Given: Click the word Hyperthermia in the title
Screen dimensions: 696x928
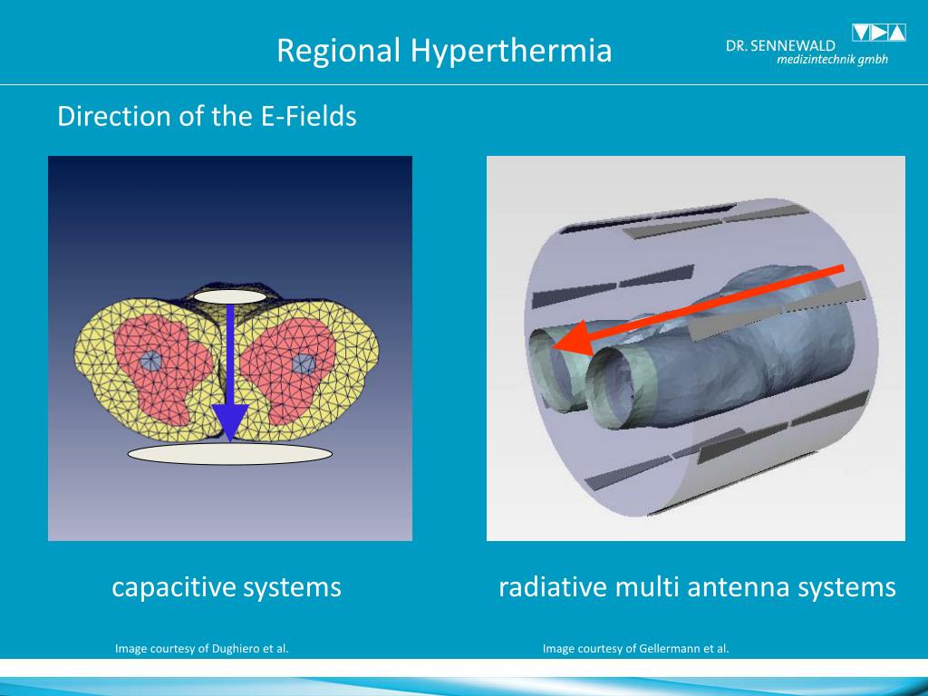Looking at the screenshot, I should click(x=511, y=50).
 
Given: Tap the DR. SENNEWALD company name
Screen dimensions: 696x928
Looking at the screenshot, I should click(x=780, y=45).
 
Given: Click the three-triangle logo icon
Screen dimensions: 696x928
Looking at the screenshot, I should click(x=878, y=34).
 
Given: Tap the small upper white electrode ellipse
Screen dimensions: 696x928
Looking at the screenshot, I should click(x=230, y=296).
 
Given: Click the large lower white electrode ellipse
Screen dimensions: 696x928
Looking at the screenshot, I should click(x=229, y=452).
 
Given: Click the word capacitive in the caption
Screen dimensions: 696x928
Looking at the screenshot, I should click(x=166, y=587).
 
